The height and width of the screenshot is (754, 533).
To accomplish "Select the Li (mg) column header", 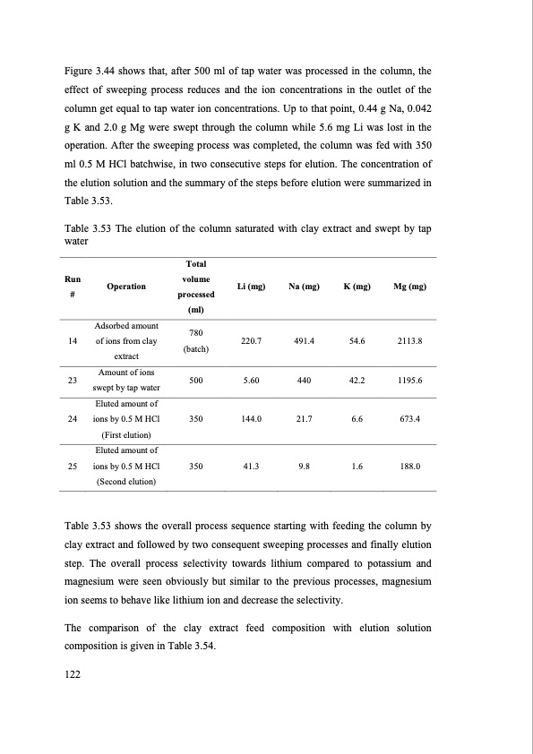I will (250, 287).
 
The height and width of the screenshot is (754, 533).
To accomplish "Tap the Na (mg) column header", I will (305, 287).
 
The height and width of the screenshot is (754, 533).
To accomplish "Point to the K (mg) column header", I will (357, 287).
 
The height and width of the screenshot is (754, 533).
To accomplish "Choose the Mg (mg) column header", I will (408, 287).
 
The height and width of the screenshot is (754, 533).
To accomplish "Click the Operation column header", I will (125, 287).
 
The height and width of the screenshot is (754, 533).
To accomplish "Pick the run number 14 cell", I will (71, 341).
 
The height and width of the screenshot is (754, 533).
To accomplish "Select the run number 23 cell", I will (71, 380).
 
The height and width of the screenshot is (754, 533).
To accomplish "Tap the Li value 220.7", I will (252, 341).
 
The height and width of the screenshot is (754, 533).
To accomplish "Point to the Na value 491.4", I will (305, 341).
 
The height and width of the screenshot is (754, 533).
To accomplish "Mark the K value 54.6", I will (357, 341).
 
